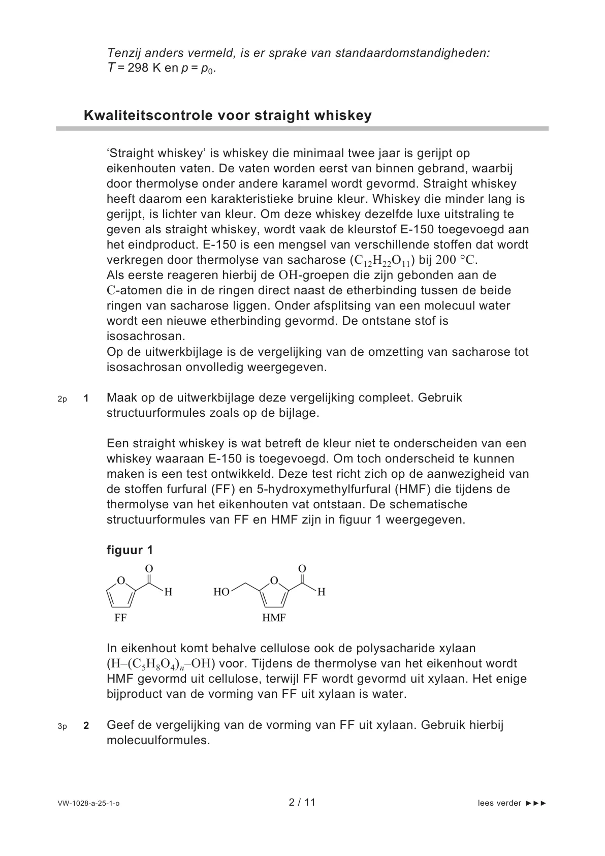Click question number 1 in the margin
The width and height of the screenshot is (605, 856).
(86, 399)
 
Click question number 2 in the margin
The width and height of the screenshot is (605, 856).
(86, 726)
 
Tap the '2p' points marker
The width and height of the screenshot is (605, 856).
(62, 399)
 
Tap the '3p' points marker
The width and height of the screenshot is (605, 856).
(62, 726)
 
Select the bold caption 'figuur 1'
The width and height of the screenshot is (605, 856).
(130, 550)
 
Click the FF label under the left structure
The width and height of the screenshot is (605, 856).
(120, 618)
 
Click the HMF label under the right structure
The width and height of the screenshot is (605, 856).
(274, 618)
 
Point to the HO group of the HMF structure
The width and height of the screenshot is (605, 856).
(221, 592)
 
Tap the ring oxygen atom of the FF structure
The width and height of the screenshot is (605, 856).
(121, 580)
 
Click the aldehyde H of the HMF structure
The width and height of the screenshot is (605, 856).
(321, 592)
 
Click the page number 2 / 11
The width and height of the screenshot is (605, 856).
(302, 803)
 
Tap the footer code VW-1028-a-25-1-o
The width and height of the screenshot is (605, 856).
(89, 804)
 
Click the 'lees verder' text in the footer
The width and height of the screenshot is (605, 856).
(499, 803)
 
